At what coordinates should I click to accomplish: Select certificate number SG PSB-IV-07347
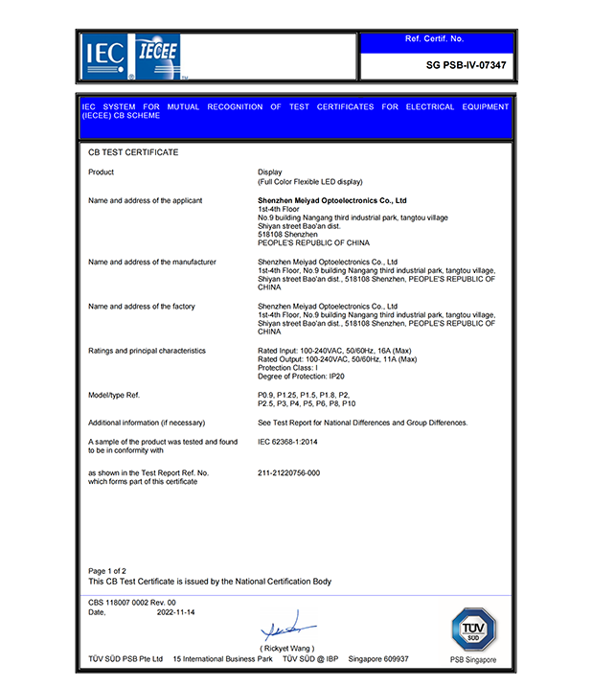[x=466, y=66]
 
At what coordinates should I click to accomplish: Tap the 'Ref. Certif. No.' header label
[x=434, y=39]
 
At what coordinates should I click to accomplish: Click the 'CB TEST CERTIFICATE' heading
[x=133, y=152]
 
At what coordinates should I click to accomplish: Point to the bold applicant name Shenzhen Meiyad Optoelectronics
[x=332, y=201]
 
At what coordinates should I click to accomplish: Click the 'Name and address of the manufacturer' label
[x=151, y=262]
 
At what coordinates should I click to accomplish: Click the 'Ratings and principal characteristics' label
[x=147, y=351]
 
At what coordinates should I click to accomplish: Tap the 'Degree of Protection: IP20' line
[x=302, y=377]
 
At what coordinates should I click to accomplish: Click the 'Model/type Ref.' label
[x=114, y=395]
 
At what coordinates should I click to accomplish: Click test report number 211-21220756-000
[x=288, y=473]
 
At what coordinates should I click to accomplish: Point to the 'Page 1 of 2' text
[x=107, y=571]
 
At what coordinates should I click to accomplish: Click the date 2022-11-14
[x=176, y=611]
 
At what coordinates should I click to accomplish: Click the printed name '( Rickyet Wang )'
[x=286, y=649]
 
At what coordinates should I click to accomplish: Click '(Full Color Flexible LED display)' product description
[x=309, y=181]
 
